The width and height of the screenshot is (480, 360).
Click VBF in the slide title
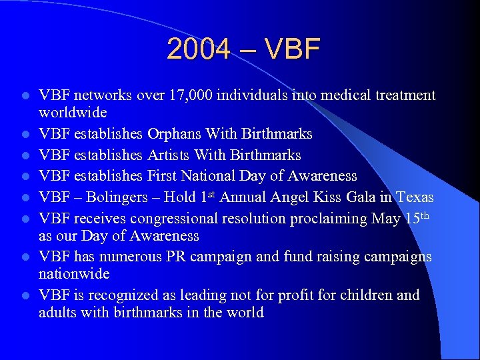(x=291, y=49)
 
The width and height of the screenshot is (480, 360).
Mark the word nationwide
(x=74, y=274)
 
